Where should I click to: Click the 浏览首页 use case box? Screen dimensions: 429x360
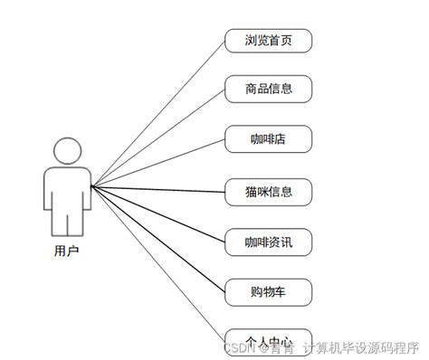[268, 41]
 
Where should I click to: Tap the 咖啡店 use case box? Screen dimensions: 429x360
[268, 139]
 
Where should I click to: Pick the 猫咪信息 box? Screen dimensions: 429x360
[268, 191]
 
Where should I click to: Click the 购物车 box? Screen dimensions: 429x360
[268, 291]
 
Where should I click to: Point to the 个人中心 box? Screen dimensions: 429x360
[268, 338]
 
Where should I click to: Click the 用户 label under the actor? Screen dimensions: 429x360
[66, 251]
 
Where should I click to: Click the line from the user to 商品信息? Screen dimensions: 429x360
[158, 137]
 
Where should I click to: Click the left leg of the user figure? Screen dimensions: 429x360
[57, 222]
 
